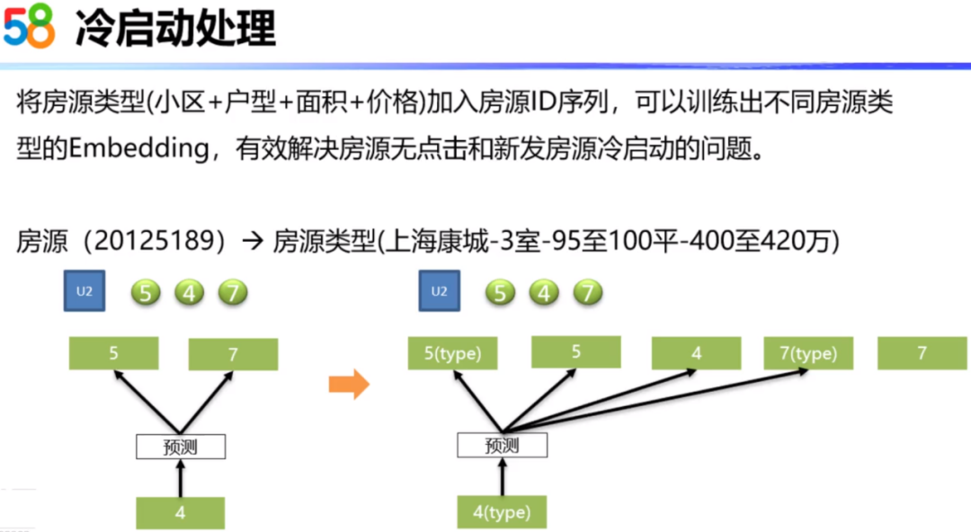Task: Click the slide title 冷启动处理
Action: [175, 29]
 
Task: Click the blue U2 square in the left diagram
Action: [79, 292]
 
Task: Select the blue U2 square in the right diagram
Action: [439, 291]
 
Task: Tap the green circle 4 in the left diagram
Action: [189, 293]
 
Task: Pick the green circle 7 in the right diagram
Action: [587, 292]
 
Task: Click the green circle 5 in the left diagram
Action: [146, 293]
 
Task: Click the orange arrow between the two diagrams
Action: [349, 386]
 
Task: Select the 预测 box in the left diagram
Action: [181, 447]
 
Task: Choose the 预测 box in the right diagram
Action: [502, 445]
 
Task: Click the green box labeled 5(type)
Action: [452, 354]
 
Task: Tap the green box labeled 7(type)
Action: [808, 354]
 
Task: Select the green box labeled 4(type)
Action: [502, 512]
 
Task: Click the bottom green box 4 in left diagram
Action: [181, 513]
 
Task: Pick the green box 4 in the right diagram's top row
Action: [696, 354]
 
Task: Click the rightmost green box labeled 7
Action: [922, 354]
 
